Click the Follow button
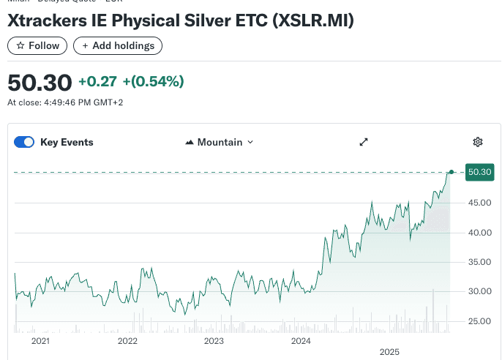click(37, 45)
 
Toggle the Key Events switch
click(24, 142)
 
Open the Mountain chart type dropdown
click(220, 142)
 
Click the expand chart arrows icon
click(364, 142)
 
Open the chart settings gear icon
click(478, 142)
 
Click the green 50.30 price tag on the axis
click(479, 172)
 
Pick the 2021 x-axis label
click(40, 341)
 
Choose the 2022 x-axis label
click(127, 341)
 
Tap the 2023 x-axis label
click(214, 341)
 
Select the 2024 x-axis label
click(301, 341)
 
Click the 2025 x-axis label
click(389, 352)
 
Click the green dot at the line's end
click(452, 172)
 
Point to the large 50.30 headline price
click(40, 82)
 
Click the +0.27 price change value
click(97, 81)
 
